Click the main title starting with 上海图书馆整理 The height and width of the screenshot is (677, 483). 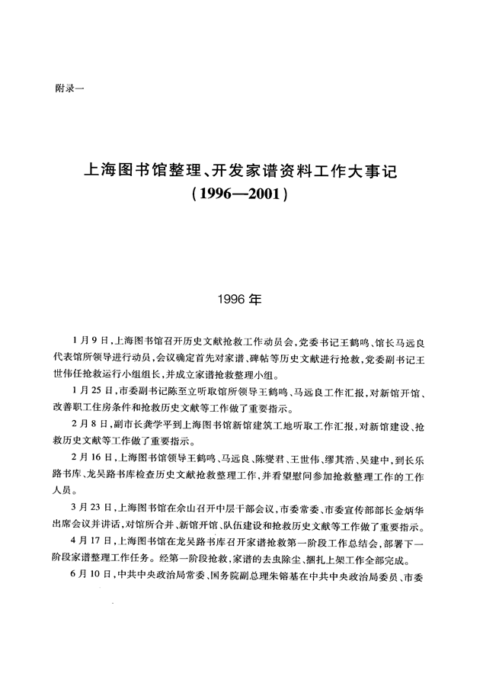coord(241,172)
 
